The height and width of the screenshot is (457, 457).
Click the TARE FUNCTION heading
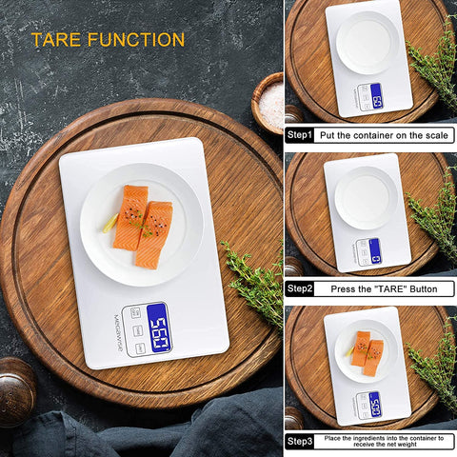pos(108,40)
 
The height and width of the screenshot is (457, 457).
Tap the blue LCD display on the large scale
pos(158,328)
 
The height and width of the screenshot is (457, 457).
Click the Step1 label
pos(300,135)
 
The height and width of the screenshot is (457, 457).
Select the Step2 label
pos(300,288)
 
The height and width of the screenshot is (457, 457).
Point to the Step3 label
pos(300,440)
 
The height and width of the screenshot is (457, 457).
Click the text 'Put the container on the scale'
pos(385,135)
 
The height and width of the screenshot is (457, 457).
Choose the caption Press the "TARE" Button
pos(385,288)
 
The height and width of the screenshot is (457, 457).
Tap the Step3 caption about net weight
pos(385,440)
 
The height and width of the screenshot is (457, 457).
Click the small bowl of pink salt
pos(269,101)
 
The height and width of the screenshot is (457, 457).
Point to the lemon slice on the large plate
pos(112,223)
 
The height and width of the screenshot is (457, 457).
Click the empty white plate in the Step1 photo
pos(368,42)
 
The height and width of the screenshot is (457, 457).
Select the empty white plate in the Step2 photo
pos(366,197)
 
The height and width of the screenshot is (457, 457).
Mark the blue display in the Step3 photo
pos(374,404)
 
